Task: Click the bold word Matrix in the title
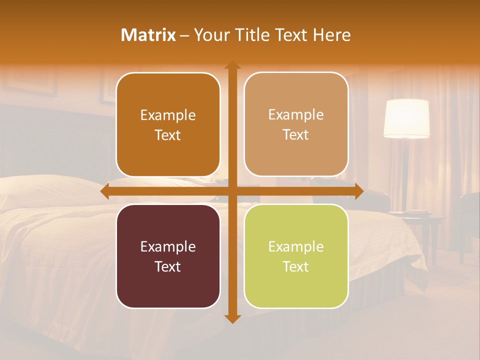tap(148, 35)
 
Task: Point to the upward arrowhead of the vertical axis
tap(232, 65)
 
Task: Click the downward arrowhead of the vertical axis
tap(232, 319)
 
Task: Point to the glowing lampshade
tap(406, 118)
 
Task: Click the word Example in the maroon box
tap(168, 246)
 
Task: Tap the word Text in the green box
tap(296, 266)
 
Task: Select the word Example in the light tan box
tap(296, 114)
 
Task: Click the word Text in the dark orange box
tap(168, 135)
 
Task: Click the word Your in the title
tap(210, 35)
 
